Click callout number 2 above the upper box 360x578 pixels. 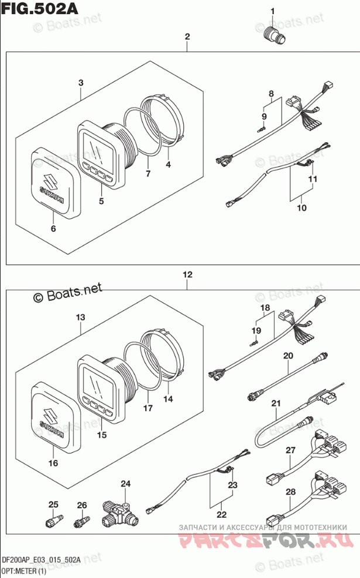coord(187,37)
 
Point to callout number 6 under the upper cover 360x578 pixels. coord(53,228)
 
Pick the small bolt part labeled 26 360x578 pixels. coord(81,519)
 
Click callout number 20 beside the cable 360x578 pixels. coord(287,356)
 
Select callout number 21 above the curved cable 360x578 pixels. coord(276,403)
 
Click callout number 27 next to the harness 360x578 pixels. coord(290,450)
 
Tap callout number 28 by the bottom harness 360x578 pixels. coord(290,491)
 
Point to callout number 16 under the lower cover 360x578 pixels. coord(53,463)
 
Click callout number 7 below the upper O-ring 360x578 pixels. coord(148,174)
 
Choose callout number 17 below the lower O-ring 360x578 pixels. coord(148,408)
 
